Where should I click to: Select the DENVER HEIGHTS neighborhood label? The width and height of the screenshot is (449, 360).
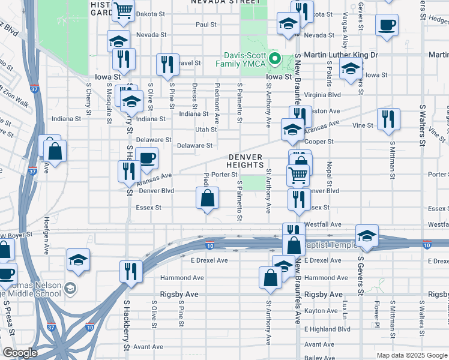[246, 161]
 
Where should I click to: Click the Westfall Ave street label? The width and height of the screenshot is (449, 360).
[323, 224]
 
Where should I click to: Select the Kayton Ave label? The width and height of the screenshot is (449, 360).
[321, 311]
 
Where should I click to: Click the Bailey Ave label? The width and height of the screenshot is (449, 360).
[319, 358]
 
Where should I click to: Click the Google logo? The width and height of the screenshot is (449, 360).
[20, 353]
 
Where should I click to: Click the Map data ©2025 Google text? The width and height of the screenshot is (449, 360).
[411, 355]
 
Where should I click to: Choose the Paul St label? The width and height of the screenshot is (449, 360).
[205, 25]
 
